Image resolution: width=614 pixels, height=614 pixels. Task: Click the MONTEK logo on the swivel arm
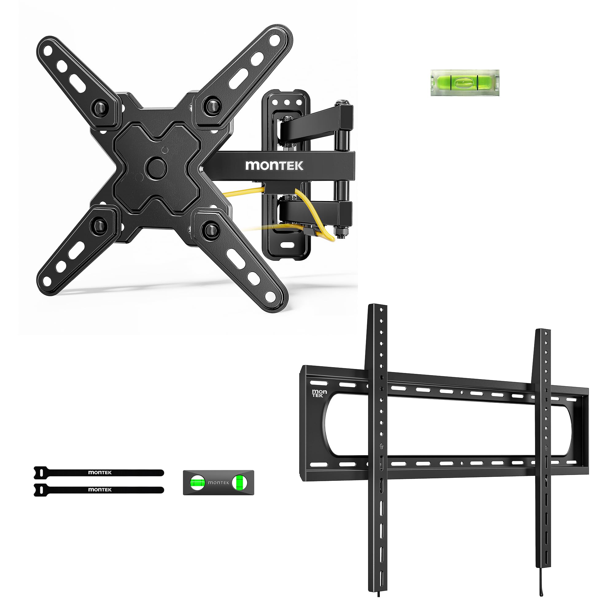click(274, 165)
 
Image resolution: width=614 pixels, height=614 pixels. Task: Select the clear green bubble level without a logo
click(465, 83)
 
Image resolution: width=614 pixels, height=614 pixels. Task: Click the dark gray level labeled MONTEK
click(218, 482)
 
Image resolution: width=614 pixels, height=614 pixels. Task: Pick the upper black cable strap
click(99, 472)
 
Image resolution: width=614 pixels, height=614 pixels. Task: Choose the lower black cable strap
click(99, 490)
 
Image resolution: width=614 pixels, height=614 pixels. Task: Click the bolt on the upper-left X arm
click(99, 107)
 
